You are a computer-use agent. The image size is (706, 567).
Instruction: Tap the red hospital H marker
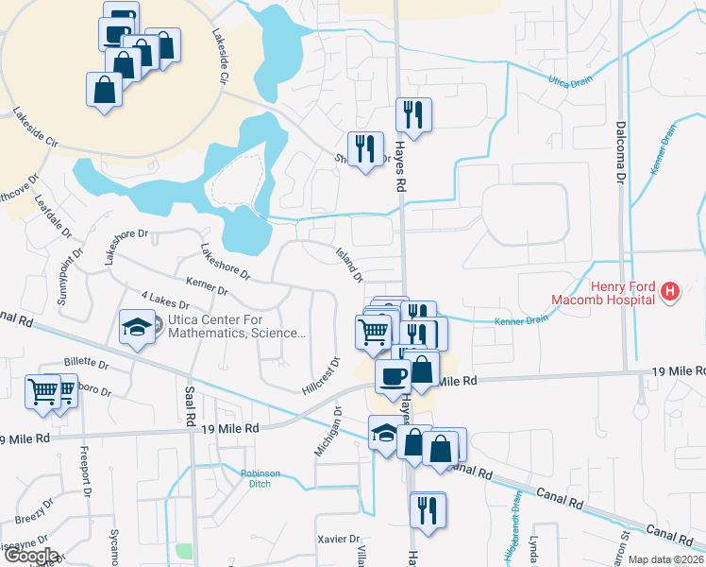(x=669, y=291)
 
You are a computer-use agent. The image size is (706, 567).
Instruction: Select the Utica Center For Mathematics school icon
(x=137, y=328)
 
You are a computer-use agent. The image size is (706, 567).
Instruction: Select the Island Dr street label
(x=349, y=265)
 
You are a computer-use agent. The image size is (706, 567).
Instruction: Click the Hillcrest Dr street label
(x=320, y=375)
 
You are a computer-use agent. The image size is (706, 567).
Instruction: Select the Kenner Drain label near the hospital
(x=521, y=321)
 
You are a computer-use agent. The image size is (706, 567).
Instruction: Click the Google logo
(x=30, y=557)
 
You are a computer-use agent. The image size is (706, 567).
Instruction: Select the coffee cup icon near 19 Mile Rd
(x=393, y=376)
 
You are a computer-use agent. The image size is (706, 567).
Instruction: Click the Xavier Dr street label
(x=341, y=539)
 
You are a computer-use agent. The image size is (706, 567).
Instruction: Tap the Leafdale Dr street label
(x=53, y=216)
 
